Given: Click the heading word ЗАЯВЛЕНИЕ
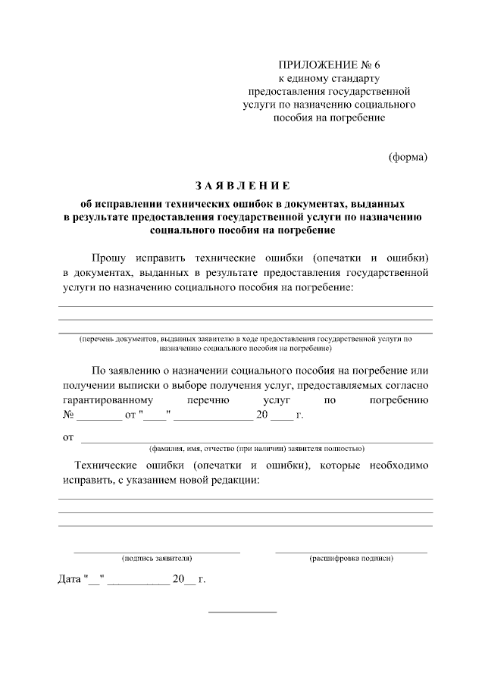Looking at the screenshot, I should [x=242, y=186].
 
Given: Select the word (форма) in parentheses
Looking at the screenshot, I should [x=408, y=158].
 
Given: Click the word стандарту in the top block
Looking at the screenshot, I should [x=355, y=79].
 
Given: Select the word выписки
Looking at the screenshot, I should [x=145, y=385].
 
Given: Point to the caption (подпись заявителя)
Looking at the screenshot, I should [x=156, y=558].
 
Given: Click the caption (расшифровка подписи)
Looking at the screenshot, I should [x=351, y=558].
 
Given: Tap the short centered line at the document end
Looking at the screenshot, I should [x=242, y=612].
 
